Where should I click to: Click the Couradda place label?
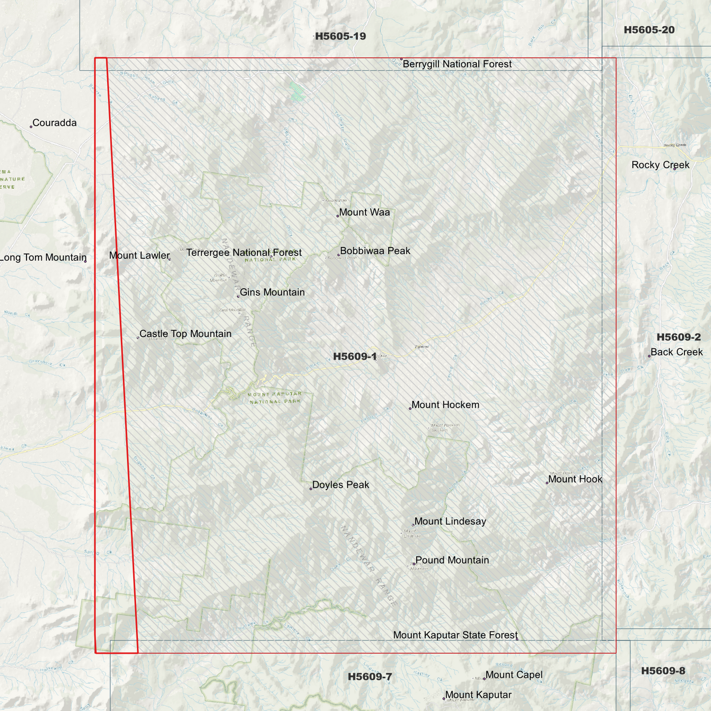tap(54, 123)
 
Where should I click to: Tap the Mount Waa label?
tap(364, 213)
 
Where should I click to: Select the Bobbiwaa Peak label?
tap(375, 251)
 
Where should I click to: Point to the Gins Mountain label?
tap(272, 292)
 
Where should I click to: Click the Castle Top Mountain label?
tap(185, 334)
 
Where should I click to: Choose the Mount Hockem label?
tap(445, 405)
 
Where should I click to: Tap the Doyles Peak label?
tap(340, 485)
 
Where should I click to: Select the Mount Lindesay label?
tap(450, 522)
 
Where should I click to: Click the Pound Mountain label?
tap(452, 560)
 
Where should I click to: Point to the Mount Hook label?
tap(575, 479)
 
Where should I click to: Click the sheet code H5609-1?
tap(355, 357)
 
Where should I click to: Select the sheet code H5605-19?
tap(340, 36)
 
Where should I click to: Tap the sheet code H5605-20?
tap(649, 30)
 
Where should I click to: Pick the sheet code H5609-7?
tap(370, 677)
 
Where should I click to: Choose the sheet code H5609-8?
tap(663, 671)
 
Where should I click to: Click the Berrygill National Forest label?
tap(457, 64)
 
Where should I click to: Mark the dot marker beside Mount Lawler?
tap(170, 259)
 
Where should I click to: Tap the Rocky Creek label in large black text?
tap(660, 165)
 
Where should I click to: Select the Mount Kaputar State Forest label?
tap(455, 635)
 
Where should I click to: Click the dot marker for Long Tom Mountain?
tap(85, 261)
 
